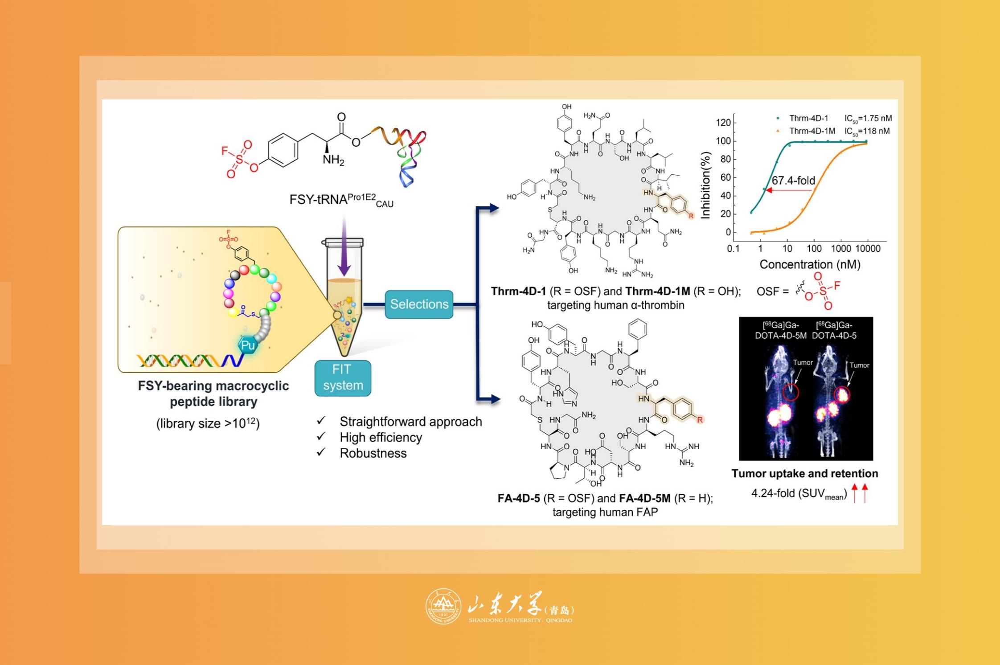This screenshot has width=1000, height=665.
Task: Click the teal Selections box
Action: tap(419, 304)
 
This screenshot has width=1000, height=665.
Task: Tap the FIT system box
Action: tap(343, 378)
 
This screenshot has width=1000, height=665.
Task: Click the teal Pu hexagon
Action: tap(247, 345)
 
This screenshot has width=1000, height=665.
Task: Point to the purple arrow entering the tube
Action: tap(344, 245)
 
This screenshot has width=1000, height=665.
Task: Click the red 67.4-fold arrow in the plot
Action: tap(789, 190)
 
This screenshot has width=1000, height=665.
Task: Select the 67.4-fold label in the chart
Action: tap(793, 180)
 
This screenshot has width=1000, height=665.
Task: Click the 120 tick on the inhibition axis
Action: tap(723, 123)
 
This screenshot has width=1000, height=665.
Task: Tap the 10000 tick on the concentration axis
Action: tap(868, 248)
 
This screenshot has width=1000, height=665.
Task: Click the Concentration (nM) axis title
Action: tap(810, 264)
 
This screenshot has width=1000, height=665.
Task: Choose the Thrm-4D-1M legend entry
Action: tap(812, 131)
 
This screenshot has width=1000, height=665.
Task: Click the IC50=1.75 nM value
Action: tap(868, 119)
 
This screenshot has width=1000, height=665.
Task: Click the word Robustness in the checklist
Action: tap(373, 453)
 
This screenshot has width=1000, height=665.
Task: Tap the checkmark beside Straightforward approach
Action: tap(321, 421)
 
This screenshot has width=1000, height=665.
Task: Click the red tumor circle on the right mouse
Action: tap(842, 394)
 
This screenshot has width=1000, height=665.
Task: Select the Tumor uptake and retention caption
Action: tap(804, 473)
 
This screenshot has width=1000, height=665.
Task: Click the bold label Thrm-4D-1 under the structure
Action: tap(518, 291)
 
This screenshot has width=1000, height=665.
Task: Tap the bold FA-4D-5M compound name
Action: tap(645, 498)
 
